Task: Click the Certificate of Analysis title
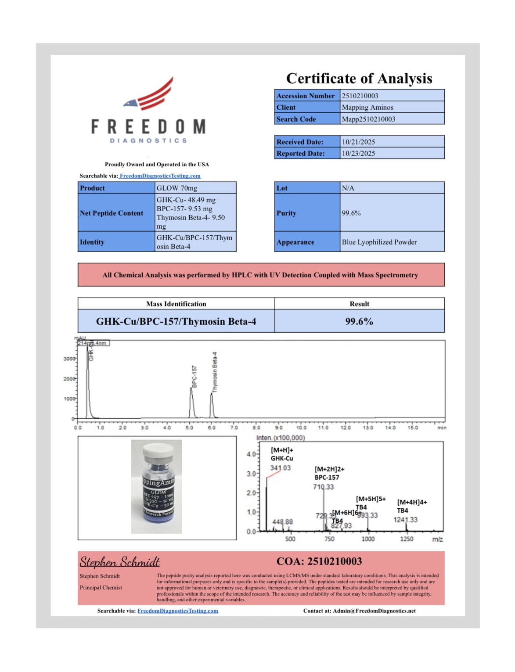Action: click(359, 79)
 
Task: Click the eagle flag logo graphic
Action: click(150, 94)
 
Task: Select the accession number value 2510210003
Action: click(360, 96)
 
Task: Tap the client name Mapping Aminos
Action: click(367, 107)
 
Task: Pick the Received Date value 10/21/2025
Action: click(358, 142)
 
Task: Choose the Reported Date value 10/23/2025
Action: click(358, 153)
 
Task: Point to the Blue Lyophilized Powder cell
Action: click(379, 242)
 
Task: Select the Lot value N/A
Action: click(348, 188)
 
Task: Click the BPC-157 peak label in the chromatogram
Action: click(194, 376)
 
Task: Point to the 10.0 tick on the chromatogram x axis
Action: click(301, 428)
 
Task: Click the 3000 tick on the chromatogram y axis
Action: click(69, 359)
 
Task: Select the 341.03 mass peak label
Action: click(280, 468)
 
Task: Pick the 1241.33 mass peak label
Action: click(405, 520)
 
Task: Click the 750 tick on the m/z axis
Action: click(329, 539)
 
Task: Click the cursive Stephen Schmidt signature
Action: click(119, 562)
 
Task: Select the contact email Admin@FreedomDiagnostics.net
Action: click(374, 611)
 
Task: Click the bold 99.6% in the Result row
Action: click(359, 321)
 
